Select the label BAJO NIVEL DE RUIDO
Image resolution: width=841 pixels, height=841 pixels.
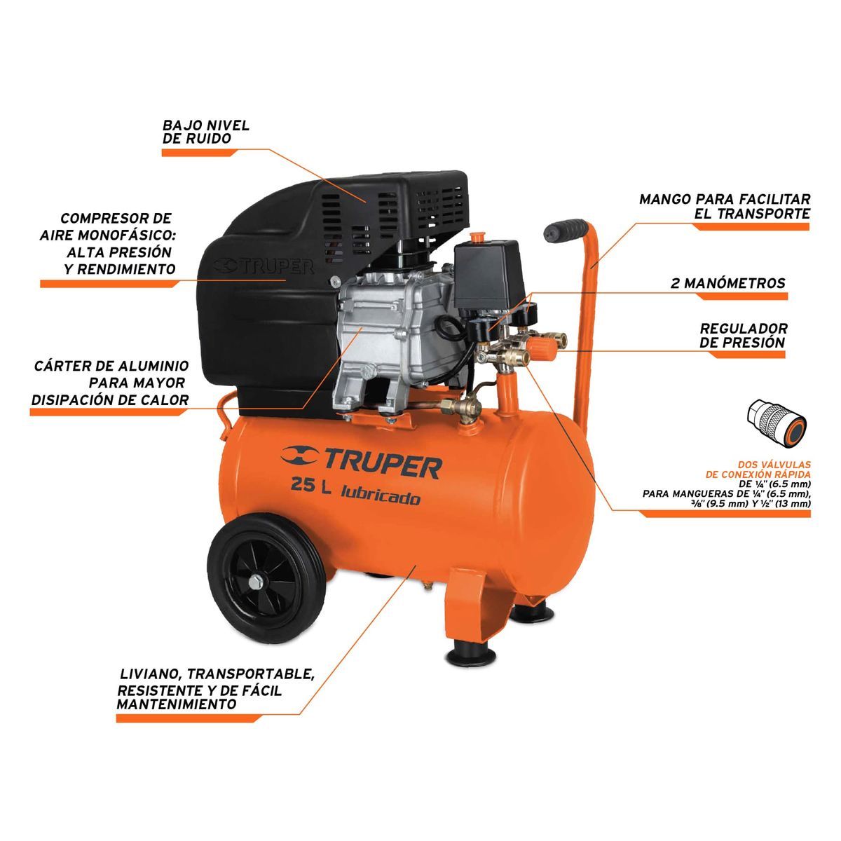pos(206,132)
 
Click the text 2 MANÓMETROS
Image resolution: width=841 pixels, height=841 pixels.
pos(728,283)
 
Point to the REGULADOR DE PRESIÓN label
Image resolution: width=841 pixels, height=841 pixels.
pos(743,335)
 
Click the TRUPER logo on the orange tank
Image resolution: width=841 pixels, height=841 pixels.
pos(361,462)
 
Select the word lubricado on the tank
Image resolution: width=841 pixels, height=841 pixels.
pos(381,497)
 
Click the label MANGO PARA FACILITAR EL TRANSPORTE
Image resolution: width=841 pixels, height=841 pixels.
pos(725,207)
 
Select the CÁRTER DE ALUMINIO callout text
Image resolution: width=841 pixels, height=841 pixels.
pos(111,383)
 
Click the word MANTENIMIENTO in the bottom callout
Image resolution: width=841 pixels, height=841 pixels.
pos(176,704)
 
